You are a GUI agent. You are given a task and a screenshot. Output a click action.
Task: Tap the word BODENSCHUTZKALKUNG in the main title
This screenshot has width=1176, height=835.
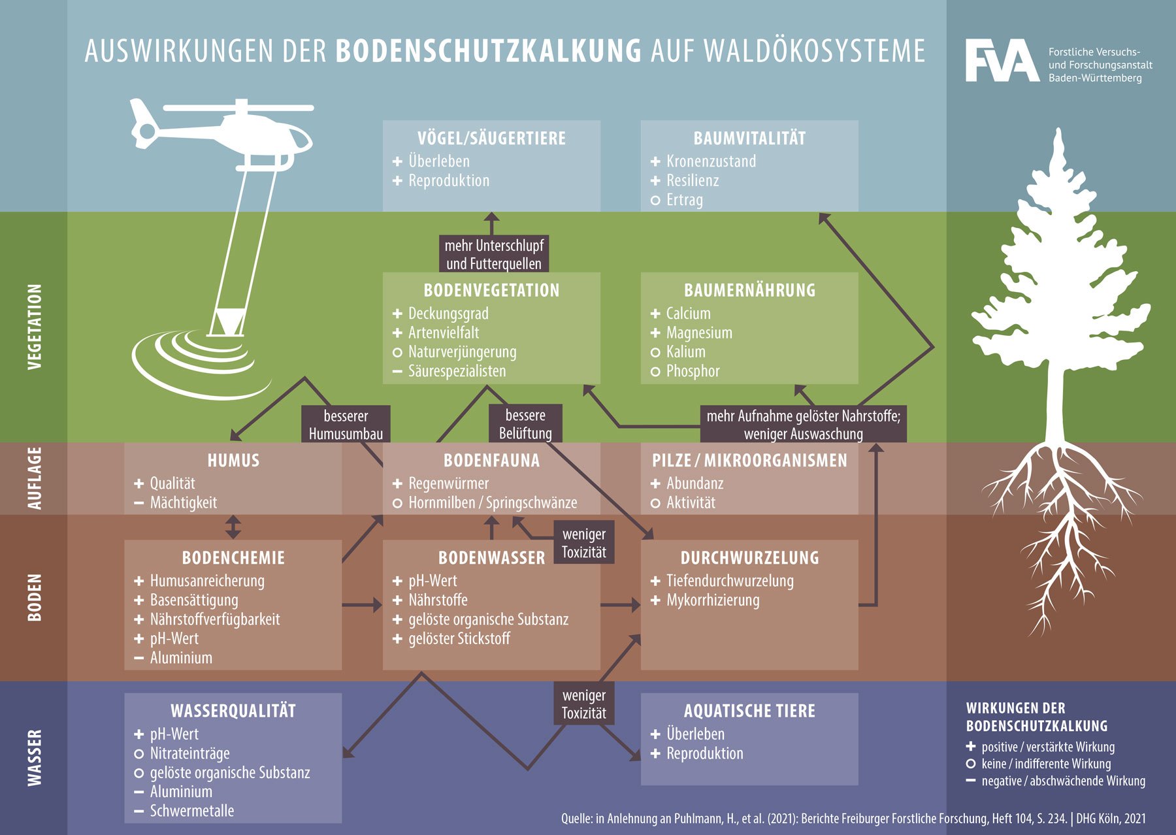point(489,51)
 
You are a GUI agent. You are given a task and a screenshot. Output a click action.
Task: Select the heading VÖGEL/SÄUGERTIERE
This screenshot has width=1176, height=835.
point(491,139)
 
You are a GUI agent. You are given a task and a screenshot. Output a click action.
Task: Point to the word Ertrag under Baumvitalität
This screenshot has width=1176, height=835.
point(684,200)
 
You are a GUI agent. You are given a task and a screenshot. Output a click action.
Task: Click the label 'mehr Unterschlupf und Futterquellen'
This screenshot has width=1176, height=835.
point(494,254)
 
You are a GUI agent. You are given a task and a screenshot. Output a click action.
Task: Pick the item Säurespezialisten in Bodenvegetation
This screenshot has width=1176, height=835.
point(457,371)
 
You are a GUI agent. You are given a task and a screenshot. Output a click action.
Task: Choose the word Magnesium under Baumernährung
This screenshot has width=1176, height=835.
point(699,333)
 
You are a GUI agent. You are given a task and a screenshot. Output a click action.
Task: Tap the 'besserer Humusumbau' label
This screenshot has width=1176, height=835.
point(346,425)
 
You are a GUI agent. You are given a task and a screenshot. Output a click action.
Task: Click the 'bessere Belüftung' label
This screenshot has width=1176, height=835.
point(525,424)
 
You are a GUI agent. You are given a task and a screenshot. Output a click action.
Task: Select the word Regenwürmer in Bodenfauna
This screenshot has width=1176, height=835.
point(448,483)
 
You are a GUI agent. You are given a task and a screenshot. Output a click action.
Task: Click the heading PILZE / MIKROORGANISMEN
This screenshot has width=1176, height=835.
point(749,461)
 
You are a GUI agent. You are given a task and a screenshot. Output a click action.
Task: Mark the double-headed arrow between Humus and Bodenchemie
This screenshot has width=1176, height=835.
point(233,527)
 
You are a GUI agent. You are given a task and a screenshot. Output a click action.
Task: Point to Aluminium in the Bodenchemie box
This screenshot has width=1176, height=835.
point(181,658)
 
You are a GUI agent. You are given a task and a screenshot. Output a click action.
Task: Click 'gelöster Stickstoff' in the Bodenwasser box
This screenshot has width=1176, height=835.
point(459,638)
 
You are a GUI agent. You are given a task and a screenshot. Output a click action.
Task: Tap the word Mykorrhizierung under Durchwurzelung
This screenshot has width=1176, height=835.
point(713,600)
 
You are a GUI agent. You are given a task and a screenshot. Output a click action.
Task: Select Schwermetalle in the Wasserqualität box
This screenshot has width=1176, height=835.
point(191,811)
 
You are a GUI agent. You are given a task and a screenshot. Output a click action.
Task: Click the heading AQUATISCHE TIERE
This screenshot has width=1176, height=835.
point(749,711)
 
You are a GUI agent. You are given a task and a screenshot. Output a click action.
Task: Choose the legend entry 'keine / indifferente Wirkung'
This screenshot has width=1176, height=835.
point(1045,764)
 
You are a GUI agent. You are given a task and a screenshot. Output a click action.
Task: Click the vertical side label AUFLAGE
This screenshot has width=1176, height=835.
point(35,478)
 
